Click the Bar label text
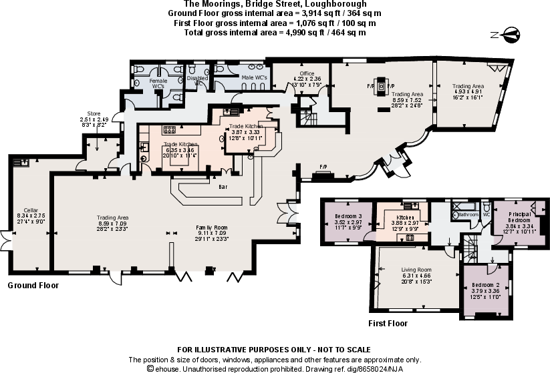click(223, 188)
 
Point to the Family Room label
click(211, 228)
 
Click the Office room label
click(307, 73)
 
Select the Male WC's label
click(254, 78)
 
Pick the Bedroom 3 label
click(349, 216)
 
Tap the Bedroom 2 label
click(485, 285)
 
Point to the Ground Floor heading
click(33, 286)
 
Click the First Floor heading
click(388, 324)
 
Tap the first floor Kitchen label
click(406, 218)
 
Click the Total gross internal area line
click(275, 31)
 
